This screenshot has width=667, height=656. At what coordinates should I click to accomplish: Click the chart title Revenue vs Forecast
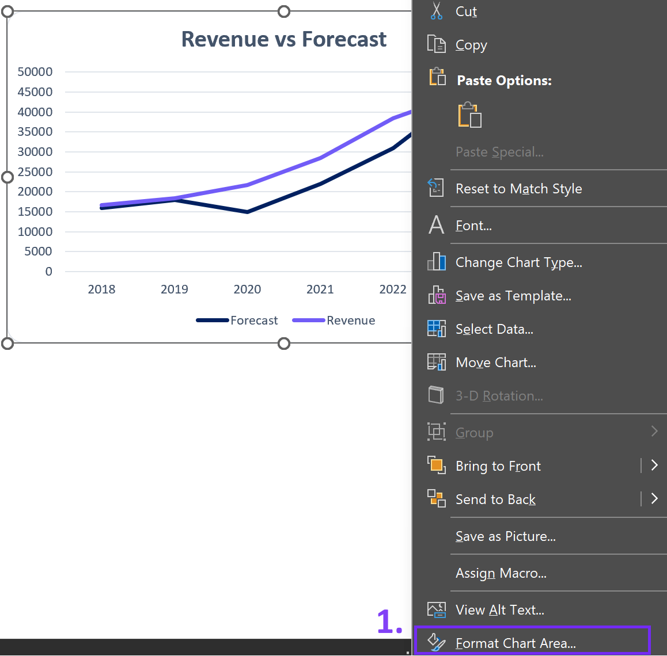[x=283, y=39]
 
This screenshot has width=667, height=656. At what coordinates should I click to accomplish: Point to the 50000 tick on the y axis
[x=35, y=72]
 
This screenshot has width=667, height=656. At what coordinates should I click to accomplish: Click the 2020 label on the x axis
[x=247, y=289]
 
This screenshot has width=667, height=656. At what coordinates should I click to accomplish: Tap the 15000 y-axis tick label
[x=35, y=212]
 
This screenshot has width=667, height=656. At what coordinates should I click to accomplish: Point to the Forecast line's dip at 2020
[x=247, y=212]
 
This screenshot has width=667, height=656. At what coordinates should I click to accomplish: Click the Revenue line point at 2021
[x=320, y=158]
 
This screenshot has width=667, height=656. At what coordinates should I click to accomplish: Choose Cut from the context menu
[x=466, y=12]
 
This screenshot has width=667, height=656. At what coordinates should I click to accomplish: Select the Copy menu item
[x=471, y=45]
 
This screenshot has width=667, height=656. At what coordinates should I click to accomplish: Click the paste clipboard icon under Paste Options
[x=469, y=116]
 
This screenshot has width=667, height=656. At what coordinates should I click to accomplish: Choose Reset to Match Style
[x=518, y=189]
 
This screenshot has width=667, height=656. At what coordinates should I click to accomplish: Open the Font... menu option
[x=473, y=226]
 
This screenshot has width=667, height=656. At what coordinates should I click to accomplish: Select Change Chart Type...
[x=518, y=262]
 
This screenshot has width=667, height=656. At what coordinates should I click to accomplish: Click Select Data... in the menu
[x=494, y=329]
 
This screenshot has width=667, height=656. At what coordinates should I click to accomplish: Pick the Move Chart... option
[x=495, y=363]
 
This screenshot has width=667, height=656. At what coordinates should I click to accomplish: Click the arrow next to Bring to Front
[x=654, y=466]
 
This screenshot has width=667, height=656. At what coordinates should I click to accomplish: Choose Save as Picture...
[x=505, y=536]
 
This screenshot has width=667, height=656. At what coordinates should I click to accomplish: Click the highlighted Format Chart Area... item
[x=516, y=643]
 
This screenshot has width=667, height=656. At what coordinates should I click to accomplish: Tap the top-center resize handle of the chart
[x=284, y=12]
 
